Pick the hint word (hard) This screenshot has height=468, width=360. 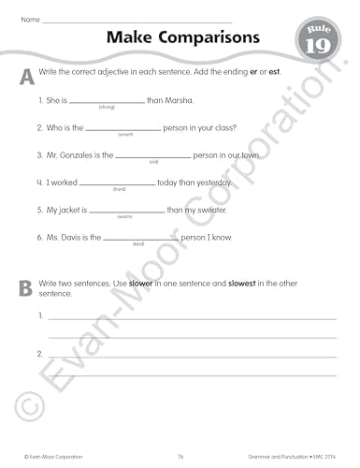click(119, 189)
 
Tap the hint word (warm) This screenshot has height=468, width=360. click(125, 216)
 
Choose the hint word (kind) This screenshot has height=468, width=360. click(138, 243)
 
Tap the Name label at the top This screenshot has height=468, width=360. click(29, 19)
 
